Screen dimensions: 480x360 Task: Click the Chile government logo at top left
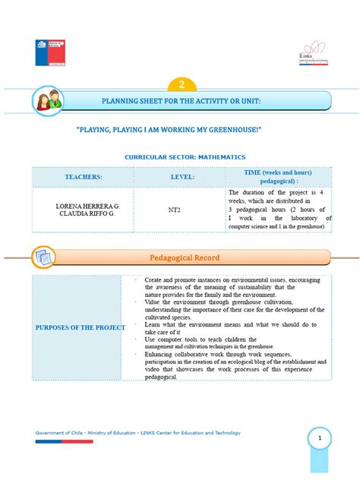50,52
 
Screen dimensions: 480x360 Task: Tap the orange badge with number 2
182,85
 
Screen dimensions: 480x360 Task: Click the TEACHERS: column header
83,177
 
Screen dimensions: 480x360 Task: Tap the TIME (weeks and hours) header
279,173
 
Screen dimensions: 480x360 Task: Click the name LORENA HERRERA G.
84,206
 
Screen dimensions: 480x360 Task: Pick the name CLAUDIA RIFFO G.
84,213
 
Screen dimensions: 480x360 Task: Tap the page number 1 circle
321,438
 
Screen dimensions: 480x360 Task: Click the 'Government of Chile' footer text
61,433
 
